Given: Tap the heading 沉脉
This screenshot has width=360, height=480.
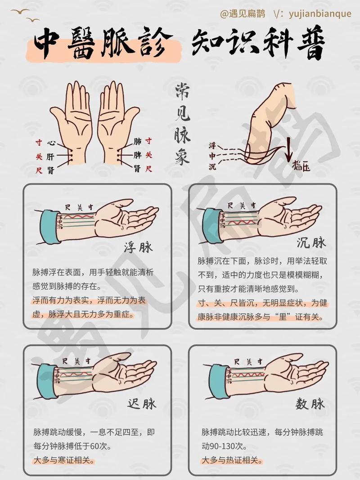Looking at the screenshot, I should tap(311, 243).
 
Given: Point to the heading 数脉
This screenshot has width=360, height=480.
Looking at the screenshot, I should tap(310, 404).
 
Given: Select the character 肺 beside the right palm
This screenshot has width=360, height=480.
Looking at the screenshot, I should tap(138, 142).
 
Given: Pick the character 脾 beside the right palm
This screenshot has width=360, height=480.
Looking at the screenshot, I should tap(138, 155).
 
